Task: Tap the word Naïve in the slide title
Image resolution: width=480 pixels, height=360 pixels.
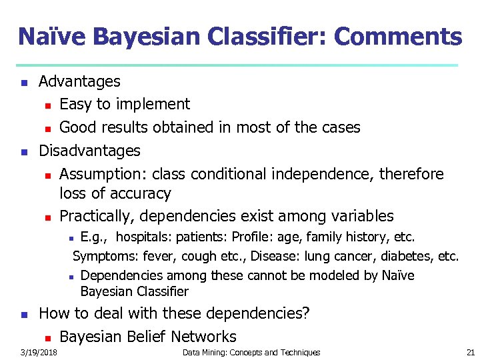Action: (50, 37)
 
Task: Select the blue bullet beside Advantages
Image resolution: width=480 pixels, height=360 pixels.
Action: (24, 83)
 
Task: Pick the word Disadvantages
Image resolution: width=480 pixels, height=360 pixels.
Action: (89, 151)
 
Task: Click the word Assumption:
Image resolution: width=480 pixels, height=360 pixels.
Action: (103, 174)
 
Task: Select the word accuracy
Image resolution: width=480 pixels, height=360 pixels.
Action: (144, 194)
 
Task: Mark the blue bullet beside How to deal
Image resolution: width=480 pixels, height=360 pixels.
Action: (24, 314)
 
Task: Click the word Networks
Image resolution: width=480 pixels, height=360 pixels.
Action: (206, 337)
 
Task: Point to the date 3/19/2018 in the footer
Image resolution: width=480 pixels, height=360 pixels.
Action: (38, 352)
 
